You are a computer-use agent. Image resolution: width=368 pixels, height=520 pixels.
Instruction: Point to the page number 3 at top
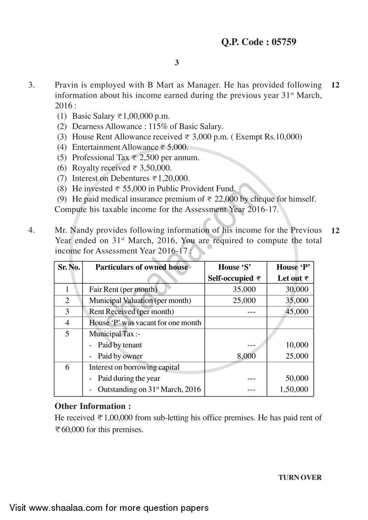pyautogui.click(x=177, y=63)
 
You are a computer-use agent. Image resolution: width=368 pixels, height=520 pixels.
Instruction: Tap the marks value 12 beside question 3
pyautogui.click(x=335, y=85)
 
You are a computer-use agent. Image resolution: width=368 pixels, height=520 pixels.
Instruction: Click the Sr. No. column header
pyautogui.click(x=69, y=267)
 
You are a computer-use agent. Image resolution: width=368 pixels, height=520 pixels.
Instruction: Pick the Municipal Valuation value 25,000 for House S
pyautogui.click(x=243, y=300)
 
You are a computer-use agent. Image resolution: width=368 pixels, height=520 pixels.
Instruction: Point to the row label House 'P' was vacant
pyautogui.click(x=144, y=322)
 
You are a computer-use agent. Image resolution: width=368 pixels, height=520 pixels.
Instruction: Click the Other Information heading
pyautogui.click(x=92, y=406)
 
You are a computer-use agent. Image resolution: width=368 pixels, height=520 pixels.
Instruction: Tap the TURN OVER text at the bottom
pyautogui.click(x=300, y=477)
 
